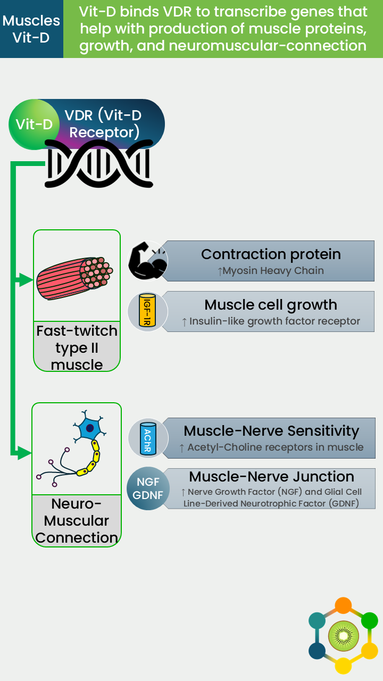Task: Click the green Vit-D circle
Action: (34, 124)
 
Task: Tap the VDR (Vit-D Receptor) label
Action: (103, 124)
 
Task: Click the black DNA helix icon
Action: (99, 163)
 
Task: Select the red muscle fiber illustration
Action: (74, 278)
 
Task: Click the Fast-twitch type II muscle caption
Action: (77, 347)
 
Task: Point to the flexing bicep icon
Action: (148, 261)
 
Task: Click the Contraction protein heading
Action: (271, 254)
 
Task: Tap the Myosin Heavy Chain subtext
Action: (271, 271)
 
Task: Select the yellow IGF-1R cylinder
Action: (147, 310)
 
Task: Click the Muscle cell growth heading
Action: (271, 305)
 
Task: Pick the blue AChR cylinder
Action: (148, 438)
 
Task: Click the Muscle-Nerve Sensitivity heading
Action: (271, 431)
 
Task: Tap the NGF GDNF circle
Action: (148, 488)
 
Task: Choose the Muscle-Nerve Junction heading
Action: (271, 476)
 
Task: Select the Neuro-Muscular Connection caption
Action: (77, 521)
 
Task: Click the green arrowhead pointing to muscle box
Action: (25, 280)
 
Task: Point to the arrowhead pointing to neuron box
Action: (24, 453)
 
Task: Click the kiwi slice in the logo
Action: (344, 636)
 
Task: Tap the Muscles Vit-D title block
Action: (31, 29)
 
